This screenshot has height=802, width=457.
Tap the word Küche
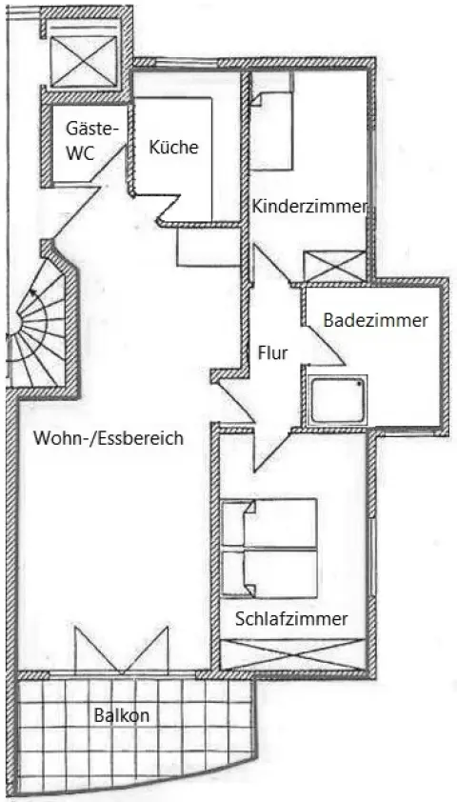click(x=173, y=148)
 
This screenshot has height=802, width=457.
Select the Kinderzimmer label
click(x=309, y=207)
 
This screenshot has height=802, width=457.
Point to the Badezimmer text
click(x=376, y=321)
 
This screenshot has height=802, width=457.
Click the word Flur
click(x=272, y=353)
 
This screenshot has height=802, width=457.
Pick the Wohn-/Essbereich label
click(x=108, y=438)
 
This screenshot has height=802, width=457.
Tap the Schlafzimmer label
click(x=291, y=619)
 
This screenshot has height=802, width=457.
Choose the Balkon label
click(x=122, y=715)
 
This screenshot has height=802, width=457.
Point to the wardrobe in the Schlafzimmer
click(x=292, y=653)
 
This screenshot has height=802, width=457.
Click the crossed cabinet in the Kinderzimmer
click(x=335, y=266)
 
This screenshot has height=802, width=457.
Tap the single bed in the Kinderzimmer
click(x=271, y=130)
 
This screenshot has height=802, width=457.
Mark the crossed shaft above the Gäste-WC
click(x=85, y=61)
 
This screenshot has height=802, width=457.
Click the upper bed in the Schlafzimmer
click(x=269, y=523)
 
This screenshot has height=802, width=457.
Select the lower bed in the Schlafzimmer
click(x=269, y=573)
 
